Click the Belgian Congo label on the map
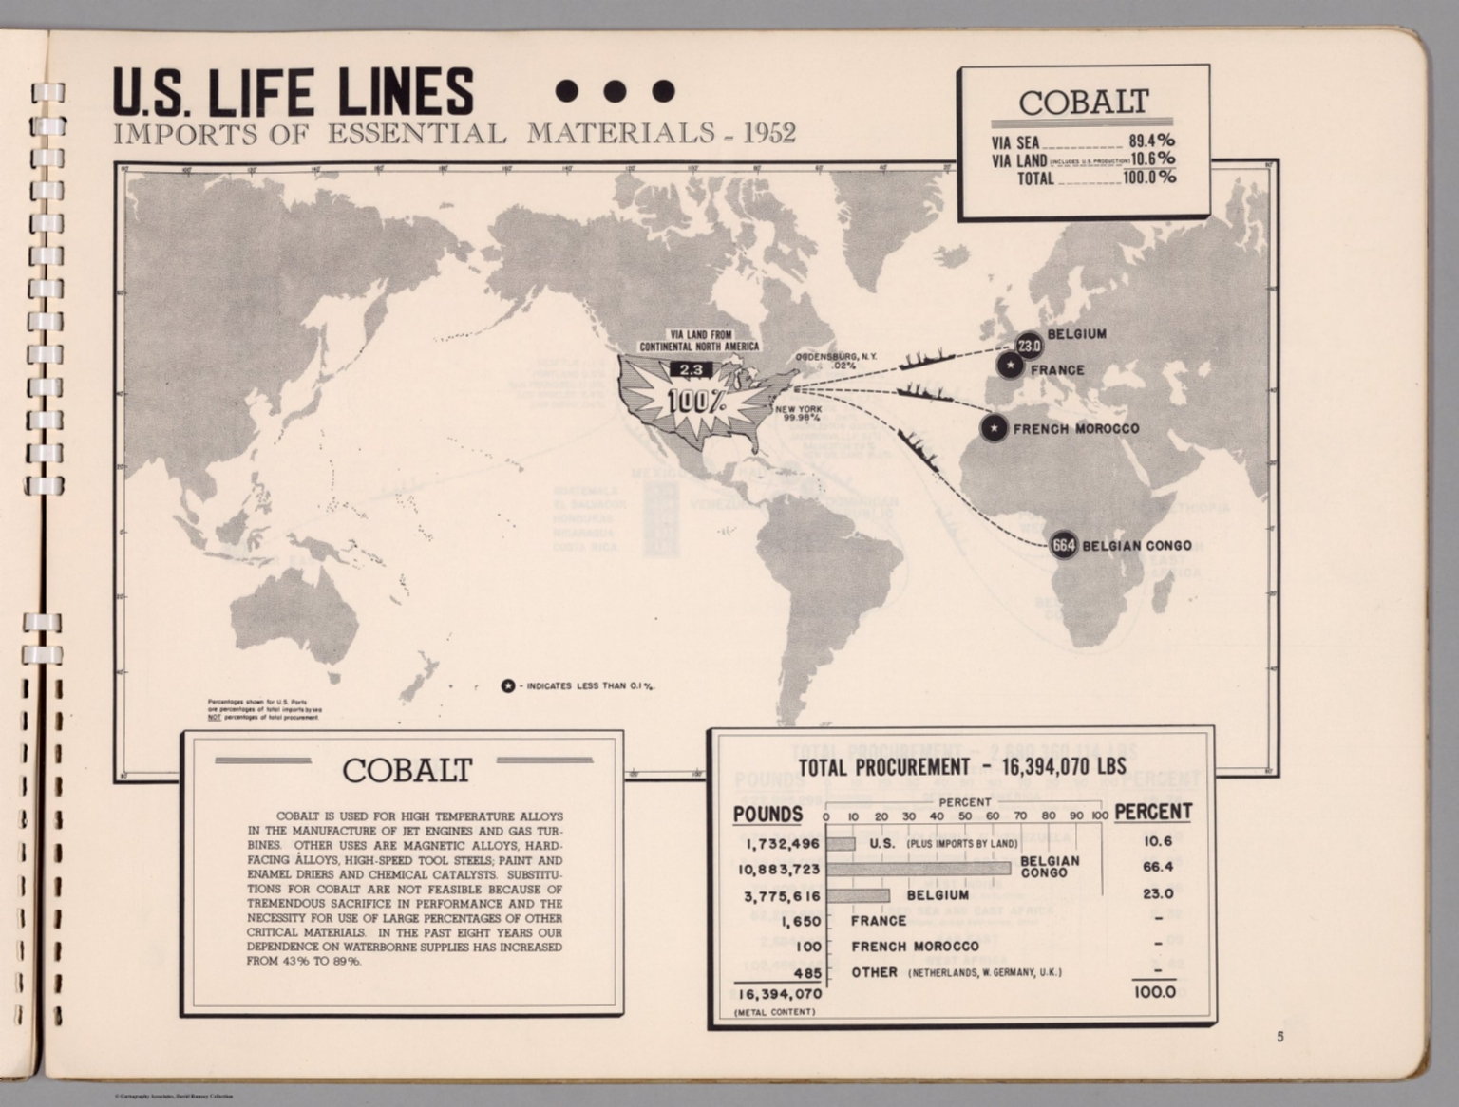(1137, 546)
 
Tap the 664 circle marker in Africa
(1064, 546)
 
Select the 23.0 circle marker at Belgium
(1029, 346)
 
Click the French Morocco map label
(1075, 429)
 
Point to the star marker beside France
(1010, 366)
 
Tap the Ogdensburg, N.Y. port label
(836, 361)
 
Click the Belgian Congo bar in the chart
(919, 869)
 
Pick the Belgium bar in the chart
(858, 895)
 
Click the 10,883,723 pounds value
(780, 869)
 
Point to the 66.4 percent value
(1158, 867)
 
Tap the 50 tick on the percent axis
(965, 816)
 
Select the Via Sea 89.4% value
(1151, 141)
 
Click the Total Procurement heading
(961, 767)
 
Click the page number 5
(1279, 1037)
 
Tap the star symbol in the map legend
(508, 686)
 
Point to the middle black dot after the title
(616, 90)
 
